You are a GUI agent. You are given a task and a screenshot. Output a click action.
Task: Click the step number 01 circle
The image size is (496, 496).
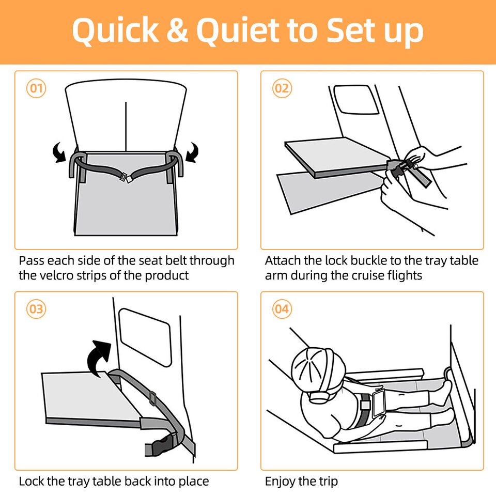[36, 88]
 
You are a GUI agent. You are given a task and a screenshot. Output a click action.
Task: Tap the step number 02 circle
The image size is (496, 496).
[282, 88]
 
